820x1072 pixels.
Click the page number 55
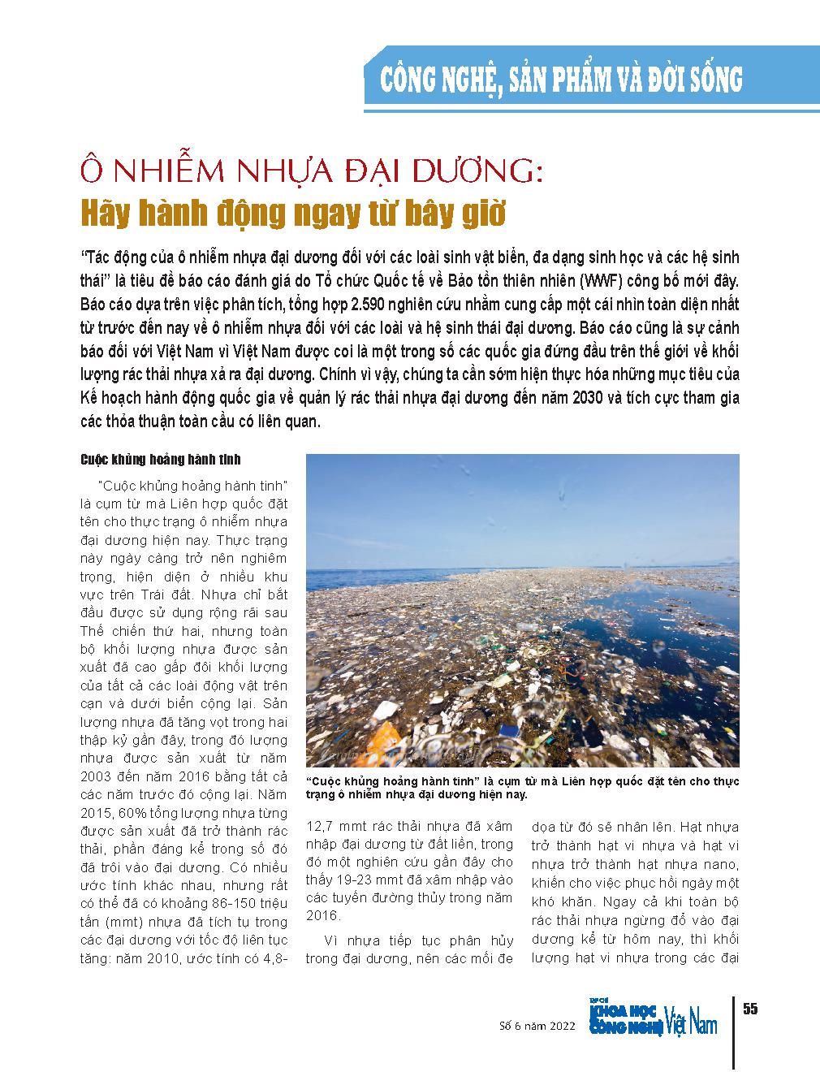pyautogui.click(x=749, y=1009)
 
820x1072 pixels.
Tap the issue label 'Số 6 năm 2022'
pyautogui.click(x=537, y=1026)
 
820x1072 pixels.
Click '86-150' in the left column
pyautogui.click(x=214, y=904)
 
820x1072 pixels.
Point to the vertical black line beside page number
pyautogui.click(x=734, y=1032)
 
